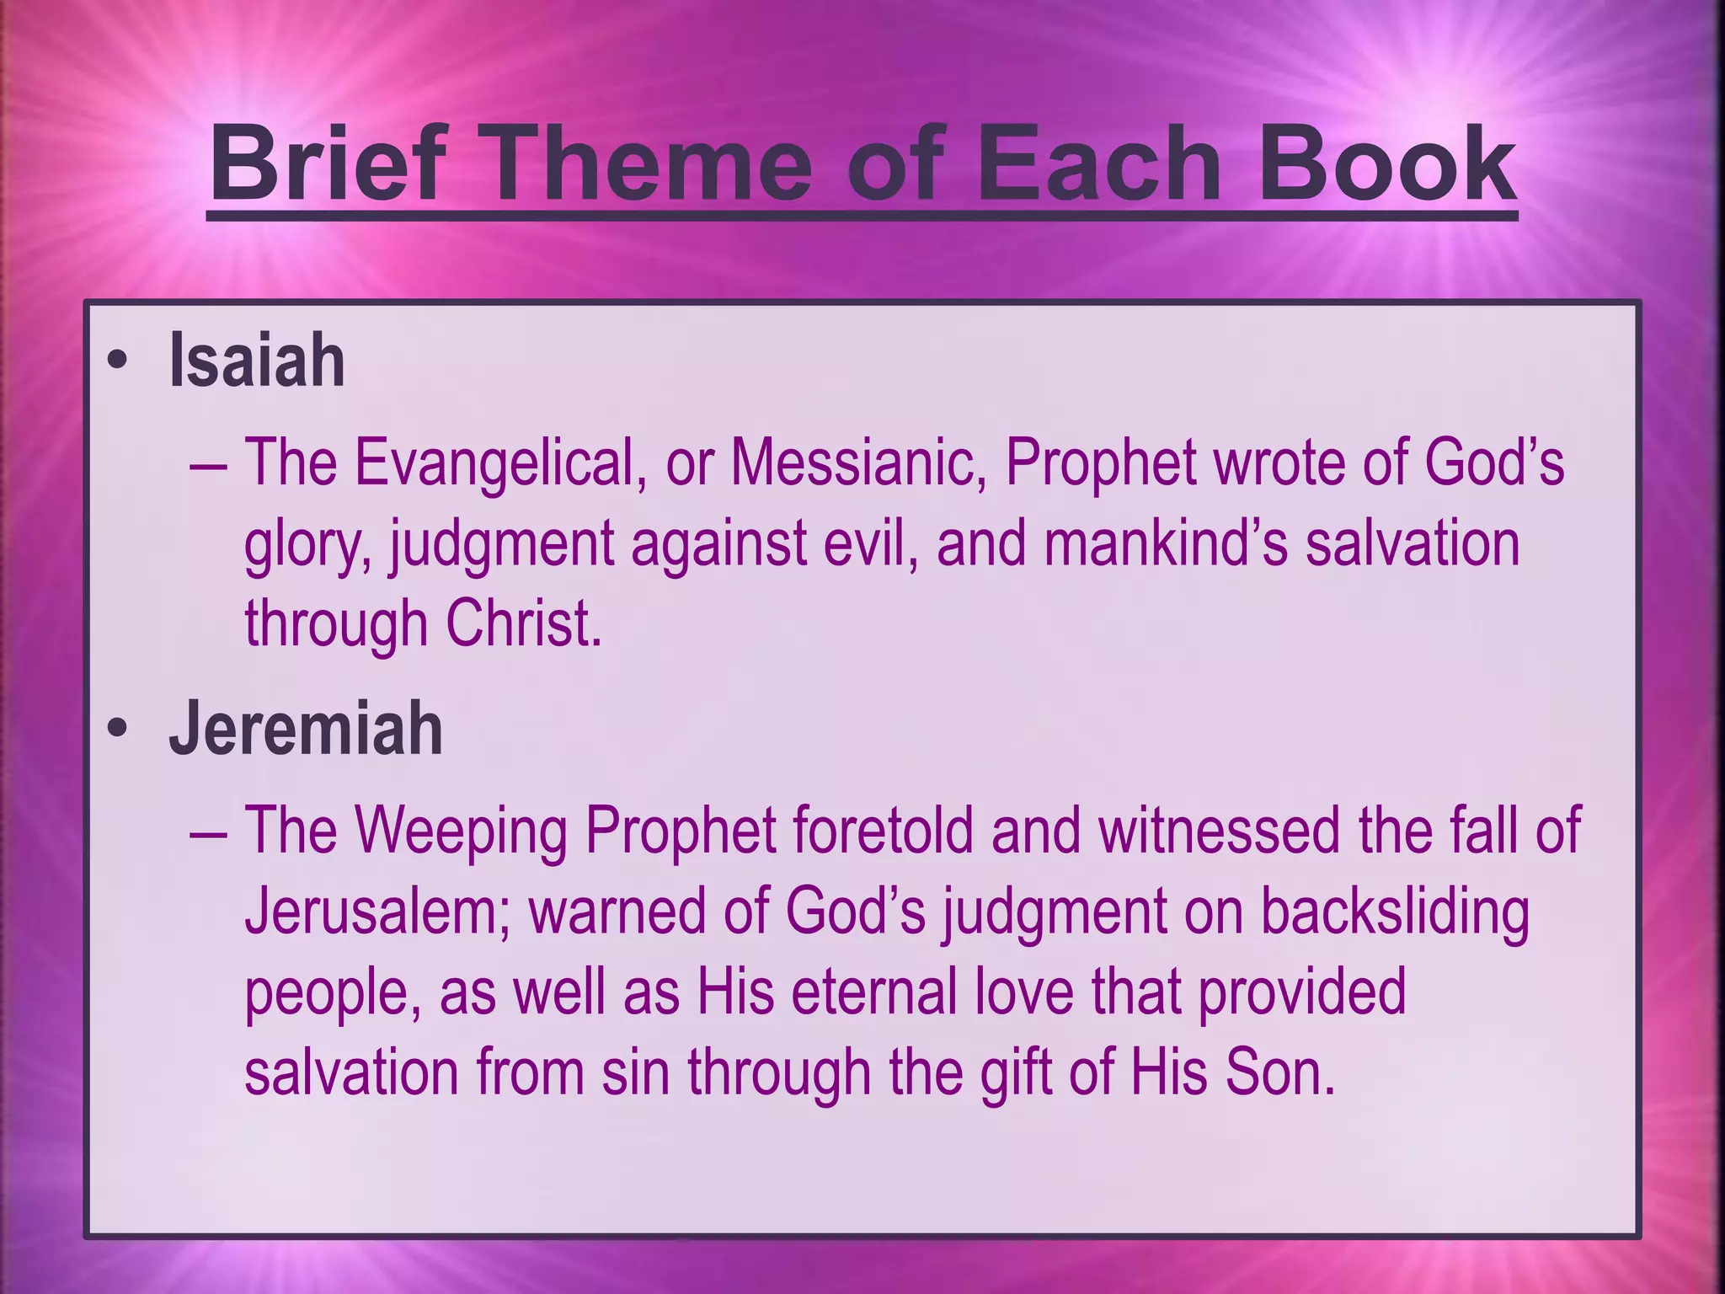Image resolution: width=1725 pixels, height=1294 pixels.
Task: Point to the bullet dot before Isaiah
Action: (x=117, y=363)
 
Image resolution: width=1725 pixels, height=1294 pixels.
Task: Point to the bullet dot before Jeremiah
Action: (x=117, y=730)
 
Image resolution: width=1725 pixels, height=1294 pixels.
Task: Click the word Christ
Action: (x=522, y=623)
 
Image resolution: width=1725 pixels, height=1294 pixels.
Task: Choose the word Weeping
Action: (x=461, y=831)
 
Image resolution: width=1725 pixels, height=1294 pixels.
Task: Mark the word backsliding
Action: (x=1394, y=912)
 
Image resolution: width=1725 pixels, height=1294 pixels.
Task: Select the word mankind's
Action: (x=1166, y=543)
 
